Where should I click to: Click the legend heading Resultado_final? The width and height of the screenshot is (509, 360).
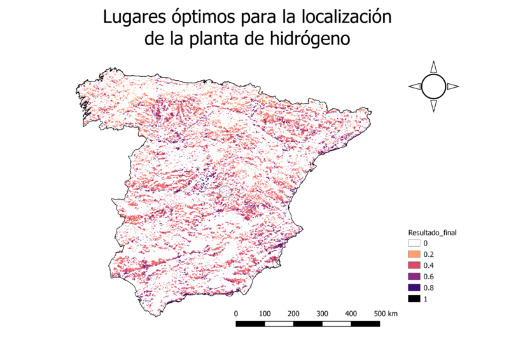(x=433, y=233)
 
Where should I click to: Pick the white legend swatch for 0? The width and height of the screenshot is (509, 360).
(x=414, y=243)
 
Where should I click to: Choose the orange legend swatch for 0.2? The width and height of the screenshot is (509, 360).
(x=414, y=254)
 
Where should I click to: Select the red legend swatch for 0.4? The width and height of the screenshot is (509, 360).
(x=414, y=265)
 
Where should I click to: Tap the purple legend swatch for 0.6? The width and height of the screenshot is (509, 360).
(x=414, y=276)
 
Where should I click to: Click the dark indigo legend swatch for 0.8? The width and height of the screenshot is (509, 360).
(x=414, y=287)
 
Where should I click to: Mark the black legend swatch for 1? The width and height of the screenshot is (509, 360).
(x=414, y=298)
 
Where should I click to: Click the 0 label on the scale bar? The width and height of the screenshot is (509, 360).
(x=236, y=314)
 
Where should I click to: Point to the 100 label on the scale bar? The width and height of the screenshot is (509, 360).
(x=265, y=314)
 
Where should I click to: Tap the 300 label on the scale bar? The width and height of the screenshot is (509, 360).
(x=323, y=314)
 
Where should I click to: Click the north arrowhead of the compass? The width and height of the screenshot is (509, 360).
(x=433, y=67)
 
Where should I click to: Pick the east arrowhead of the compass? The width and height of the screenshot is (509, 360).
(x=453, y=87)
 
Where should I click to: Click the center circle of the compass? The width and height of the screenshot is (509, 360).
(x=433, y=87)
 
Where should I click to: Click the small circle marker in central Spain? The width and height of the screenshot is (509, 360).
(x=224, y=190)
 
